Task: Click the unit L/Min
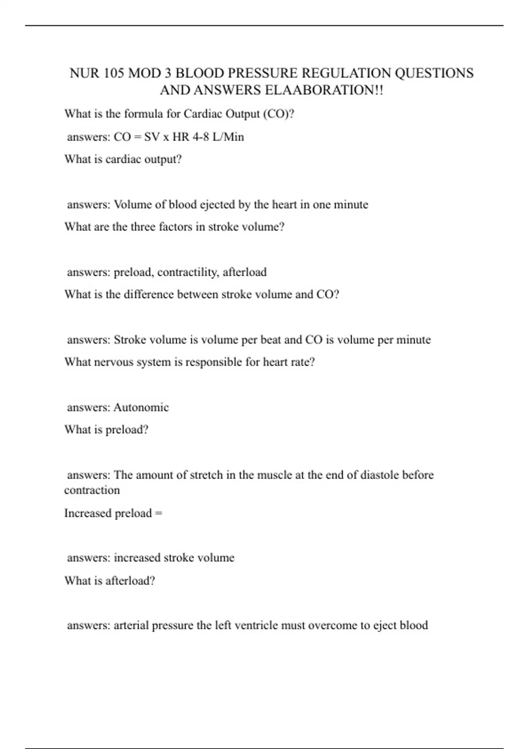228,137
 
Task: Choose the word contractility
187,272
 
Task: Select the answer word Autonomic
141,408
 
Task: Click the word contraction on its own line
92,490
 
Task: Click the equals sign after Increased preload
159,513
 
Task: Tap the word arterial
131,626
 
